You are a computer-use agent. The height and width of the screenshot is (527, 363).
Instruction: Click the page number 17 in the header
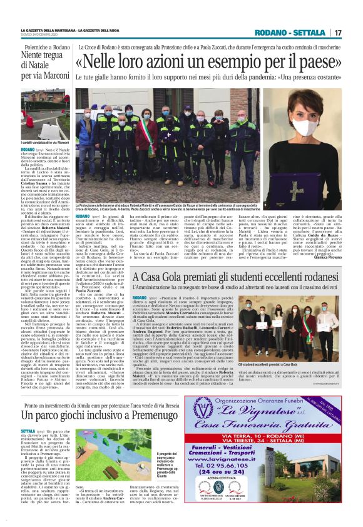pos(338,33)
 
